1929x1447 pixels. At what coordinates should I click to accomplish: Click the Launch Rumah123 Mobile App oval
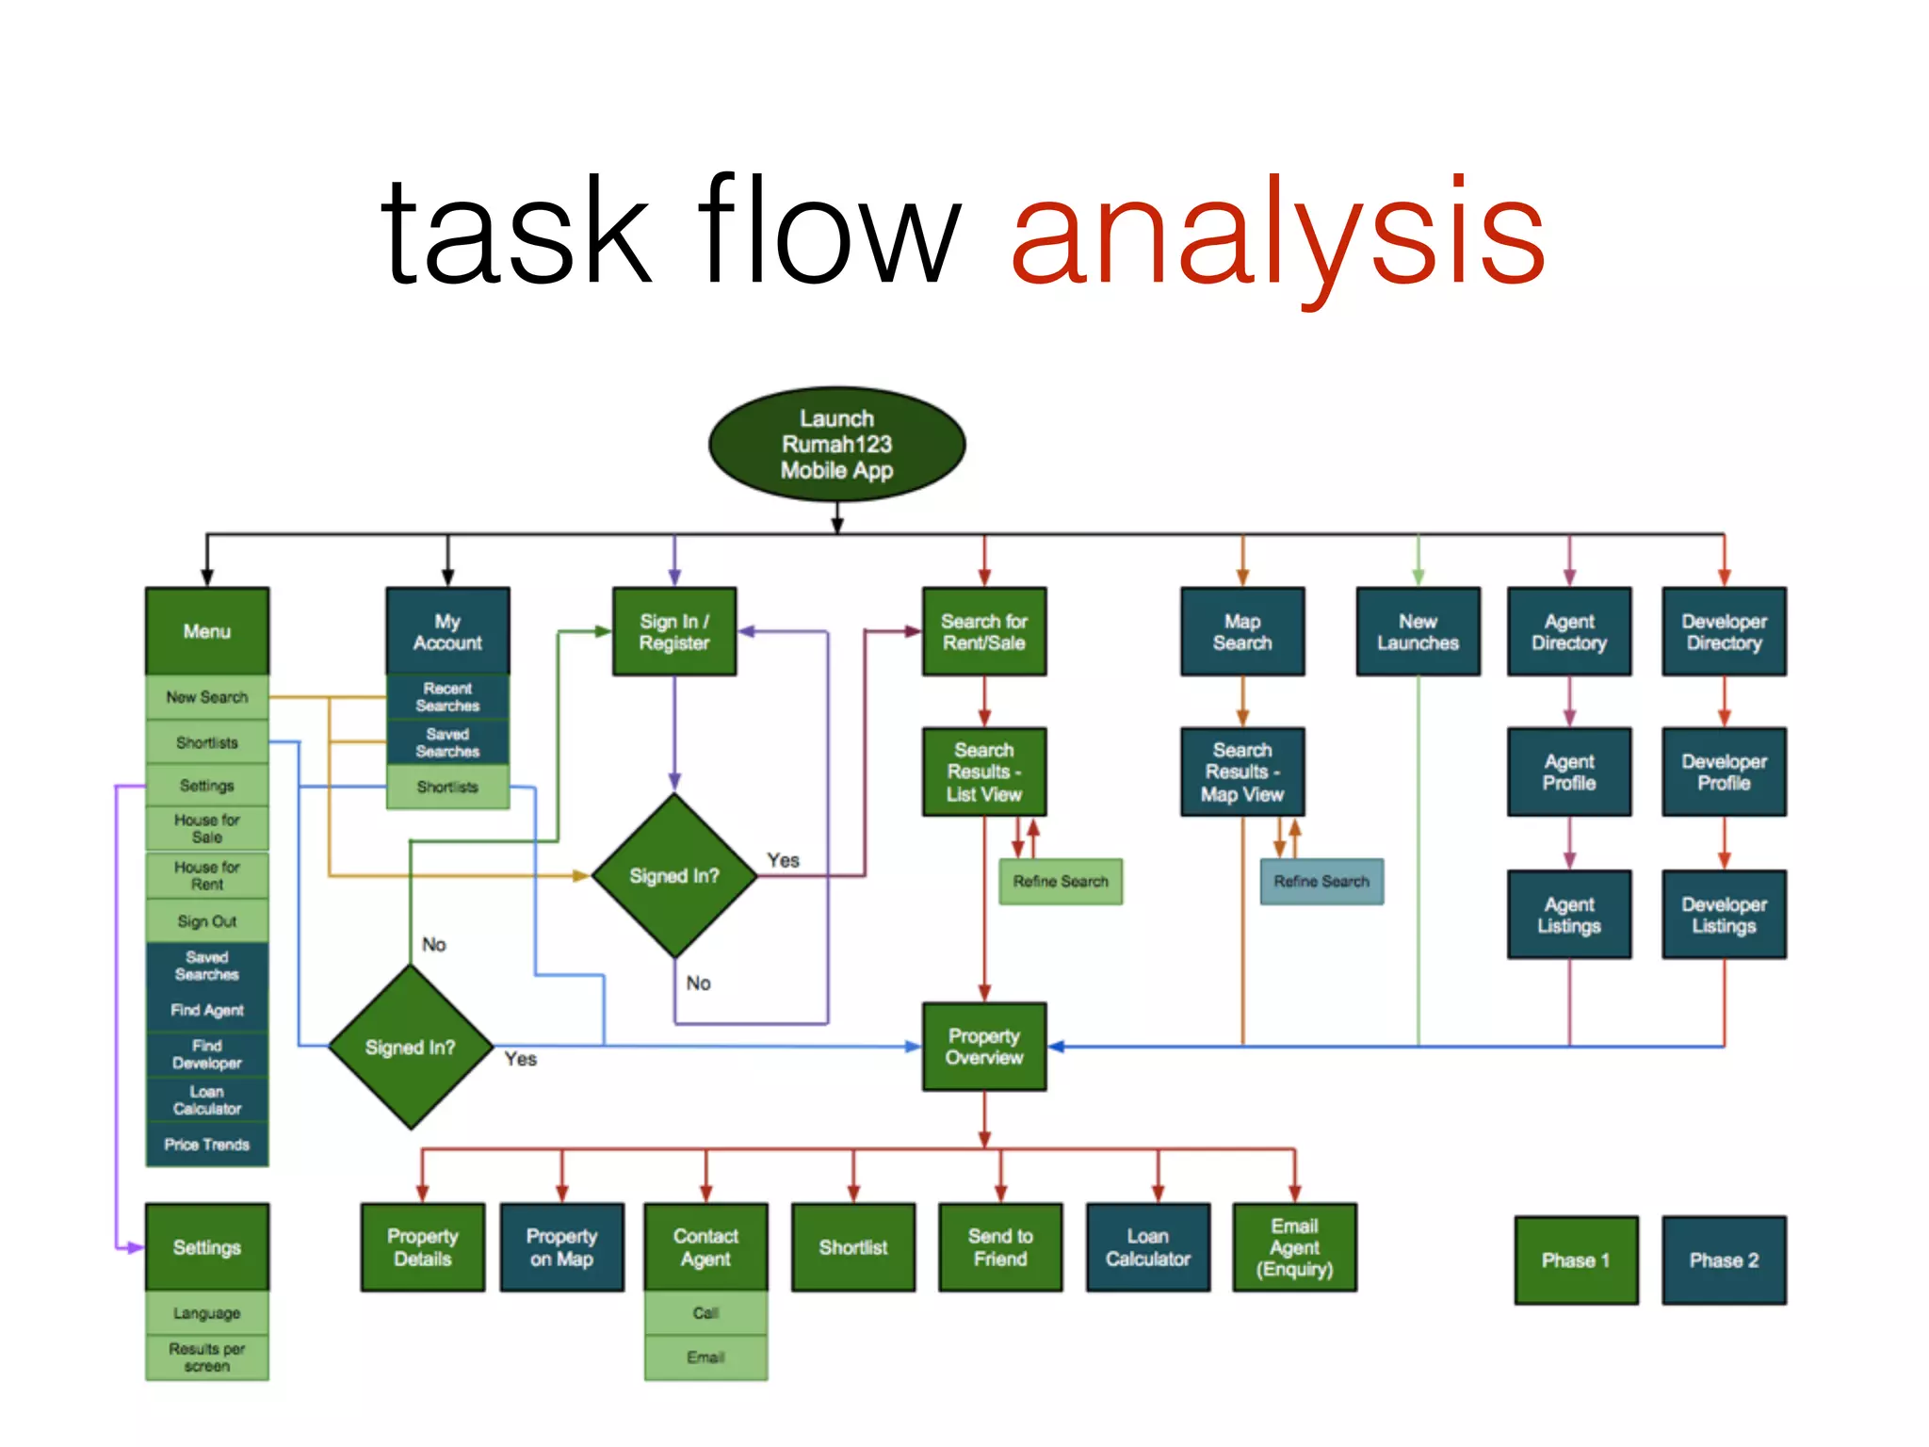click(836, 444)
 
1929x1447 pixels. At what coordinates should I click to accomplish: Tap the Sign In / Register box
click(673, 632)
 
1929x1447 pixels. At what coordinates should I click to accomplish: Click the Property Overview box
click(983, 1047)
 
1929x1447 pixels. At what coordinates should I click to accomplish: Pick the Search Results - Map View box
click(1241, 772)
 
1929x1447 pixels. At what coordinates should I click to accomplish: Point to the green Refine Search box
click(1060, 882)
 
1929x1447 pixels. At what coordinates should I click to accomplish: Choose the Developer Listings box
click(1723, 915)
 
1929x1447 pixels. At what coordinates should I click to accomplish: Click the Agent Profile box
click(1568, 772)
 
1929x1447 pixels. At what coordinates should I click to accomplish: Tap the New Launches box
click(1417, 632)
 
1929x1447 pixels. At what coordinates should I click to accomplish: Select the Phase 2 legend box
click(1723, 1260)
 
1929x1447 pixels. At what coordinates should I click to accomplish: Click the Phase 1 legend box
click(1575, 1260)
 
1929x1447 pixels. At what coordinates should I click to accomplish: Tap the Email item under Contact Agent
click(705, 1358)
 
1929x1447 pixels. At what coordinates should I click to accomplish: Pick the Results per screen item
click(206, 1358)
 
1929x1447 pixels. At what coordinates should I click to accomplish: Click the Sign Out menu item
click(206, 921)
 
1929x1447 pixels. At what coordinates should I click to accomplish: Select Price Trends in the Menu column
click(206, 1145)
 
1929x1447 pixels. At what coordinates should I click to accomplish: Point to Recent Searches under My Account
click(447, 697)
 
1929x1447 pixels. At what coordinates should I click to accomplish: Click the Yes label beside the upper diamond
click(783, 860)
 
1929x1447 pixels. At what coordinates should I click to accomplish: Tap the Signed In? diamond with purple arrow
click(673, 876)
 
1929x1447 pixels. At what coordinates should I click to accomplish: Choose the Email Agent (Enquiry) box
click(1294, 1247)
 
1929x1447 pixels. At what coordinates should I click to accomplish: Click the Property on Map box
click(561, 1247)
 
